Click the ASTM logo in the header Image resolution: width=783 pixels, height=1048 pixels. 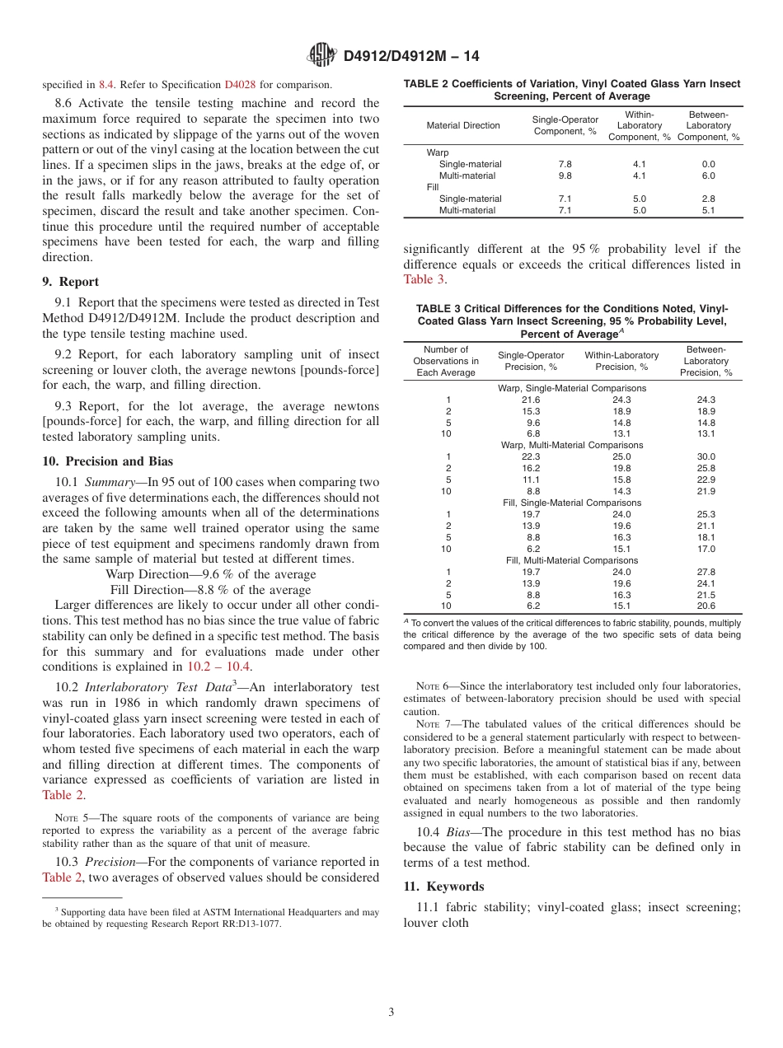click(321, 55)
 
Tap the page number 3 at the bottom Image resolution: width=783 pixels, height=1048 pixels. click(391, 1011)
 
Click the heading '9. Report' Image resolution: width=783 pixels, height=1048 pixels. click(71, 281)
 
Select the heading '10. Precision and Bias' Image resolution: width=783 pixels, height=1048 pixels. click(108, 461)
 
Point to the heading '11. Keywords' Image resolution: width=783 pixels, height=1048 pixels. click(443, 887)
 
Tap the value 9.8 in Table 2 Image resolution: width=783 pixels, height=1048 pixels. click(565, 175)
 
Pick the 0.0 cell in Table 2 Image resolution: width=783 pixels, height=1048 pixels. click(708, 164)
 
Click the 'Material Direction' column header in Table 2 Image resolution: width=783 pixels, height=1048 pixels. click(463, 125)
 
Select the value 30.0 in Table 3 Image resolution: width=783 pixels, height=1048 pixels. click(706, 456)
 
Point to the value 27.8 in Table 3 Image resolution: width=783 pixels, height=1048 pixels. click(706, 572)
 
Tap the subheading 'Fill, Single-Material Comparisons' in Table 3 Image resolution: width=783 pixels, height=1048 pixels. click(572, 503)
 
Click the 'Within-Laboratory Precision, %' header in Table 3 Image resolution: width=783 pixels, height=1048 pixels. click(621, 361)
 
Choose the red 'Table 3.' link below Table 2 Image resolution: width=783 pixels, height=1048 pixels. click(424, 279)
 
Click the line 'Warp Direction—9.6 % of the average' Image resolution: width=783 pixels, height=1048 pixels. click(210, 574)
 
